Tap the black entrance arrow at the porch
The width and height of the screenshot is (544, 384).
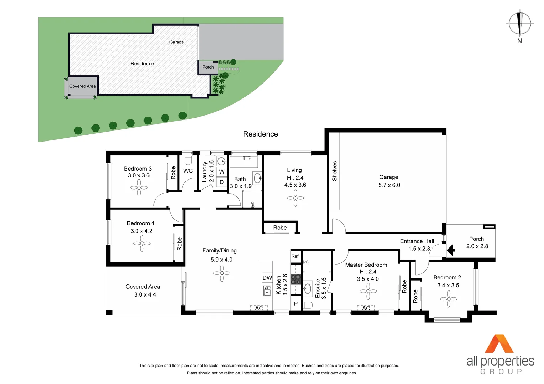451,250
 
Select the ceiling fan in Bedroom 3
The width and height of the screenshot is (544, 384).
139,187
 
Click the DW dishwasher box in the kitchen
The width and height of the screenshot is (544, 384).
267,278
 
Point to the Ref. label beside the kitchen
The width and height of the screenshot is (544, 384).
295,256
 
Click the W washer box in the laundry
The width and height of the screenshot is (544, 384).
222,172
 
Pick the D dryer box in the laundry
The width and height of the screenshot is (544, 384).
221,182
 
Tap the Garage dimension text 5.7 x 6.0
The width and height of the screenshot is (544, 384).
389,185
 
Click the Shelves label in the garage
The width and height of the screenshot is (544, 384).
334,171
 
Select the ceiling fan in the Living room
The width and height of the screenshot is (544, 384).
295,198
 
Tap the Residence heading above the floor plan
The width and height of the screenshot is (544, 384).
260,134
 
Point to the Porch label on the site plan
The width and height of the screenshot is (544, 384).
208,67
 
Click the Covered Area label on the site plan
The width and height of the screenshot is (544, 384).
83,86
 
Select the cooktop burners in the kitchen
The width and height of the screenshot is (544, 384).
296,279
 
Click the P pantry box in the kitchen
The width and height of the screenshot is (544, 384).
295,304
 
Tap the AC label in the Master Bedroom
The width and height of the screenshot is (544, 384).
366,308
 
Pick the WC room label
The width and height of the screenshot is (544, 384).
188,171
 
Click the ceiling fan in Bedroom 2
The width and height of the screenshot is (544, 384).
449,299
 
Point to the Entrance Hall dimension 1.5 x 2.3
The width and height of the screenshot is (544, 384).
419,249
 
